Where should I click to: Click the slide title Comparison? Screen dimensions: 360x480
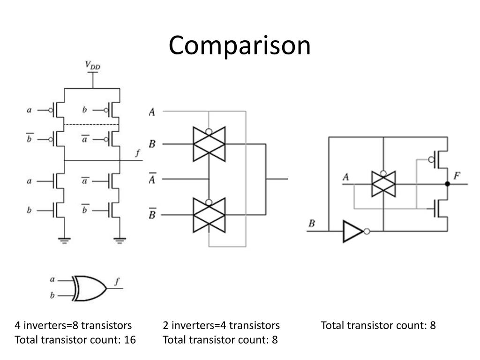tap(240, 46)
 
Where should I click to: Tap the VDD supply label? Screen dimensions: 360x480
tap(92, 66)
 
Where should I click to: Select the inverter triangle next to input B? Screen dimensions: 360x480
tap(353, 231)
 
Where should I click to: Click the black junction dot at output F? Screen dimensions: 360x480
tap(447, 184)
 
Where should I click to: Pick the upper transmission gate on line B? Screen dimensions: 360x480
tap(209, 144)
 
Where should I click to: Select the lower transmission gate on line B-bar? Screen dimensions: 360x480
tap(209, 215)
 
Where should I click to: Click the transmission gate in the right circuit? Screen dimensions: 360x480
tap(383, 184)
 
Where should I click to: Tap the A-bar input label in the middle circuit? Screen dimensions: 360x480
tap(152, 179)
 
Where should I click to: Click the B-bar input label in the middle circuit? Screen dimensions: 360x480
tap(152, 215)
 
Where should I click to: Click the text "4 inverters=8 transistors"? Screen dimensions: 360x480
tap(73, 325)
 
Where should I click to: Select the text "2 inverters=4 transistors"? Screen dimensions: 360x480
tap(221, 325)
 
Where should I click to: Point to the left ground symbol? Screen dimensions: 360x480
tap(63, 241)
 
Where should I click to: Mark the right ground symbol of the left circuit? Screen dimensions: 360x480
tap(120, 241)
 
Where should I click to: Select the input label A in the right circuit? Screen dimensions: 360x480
tap(346, 177)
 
